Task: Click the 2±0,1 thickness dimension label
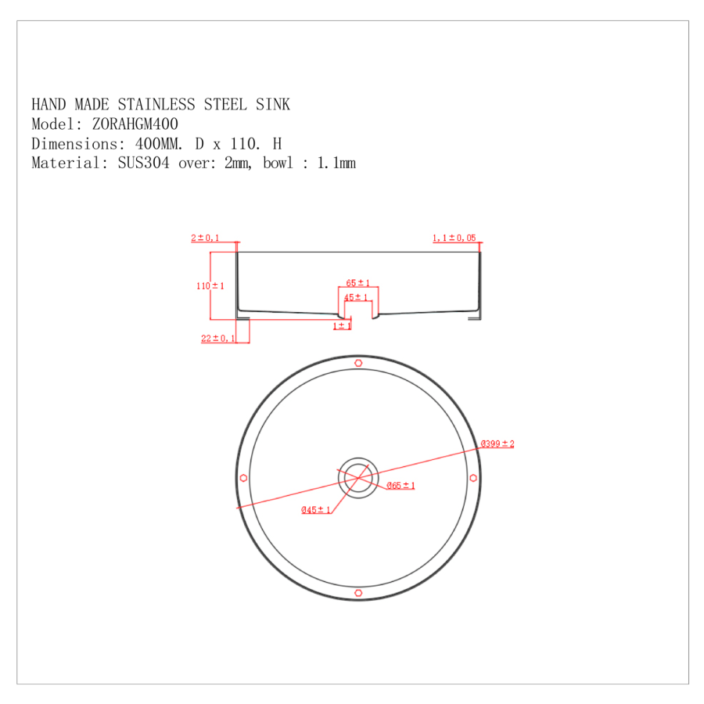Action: tap(205, 238)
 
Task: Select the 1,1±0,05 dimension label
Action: tap(454, 238)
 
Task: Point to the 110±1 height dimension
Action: tap(210, 286)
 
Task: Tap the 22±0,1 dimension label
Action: tap(219, 339)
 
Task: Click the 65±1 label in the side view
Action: tap(358, 283)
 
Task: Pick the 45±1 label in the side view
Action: tap(357, 297)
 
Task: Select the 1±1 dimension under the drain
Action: tap(342, 325)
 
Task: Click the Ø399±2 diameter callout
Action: tap(497, 444)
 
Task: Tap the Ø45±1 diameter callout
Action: tap(317, 510)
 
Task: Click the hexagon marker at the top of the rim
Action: tap(358, 363)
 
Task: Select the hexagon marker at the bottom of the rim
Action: tap(358, 593)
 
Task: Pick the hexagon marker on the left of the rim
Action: tap(244, 478)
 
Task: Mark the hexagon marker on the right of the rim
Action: tap(472, 478)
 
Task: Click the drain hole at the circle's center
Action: tap(358, 478)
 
